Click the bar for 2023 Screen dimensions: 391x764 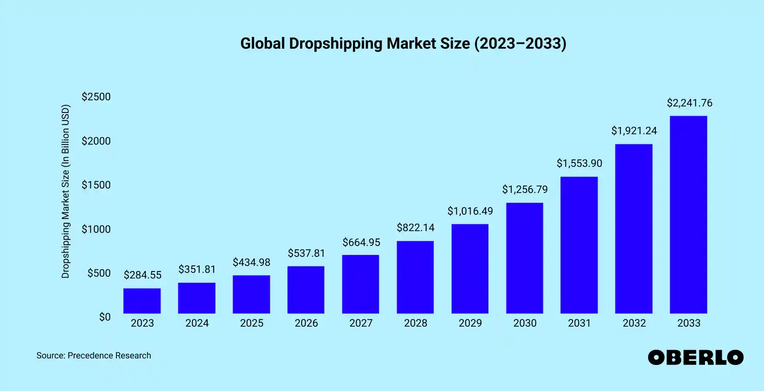142,301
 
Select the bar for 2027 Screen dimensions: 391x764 360,284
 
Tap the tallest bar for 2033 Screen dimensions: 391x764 688,215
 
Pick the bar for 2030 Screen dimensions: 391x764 524,258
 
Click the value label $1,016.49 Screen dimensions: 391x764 470,211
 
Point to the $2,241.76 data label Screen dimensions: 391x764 689,103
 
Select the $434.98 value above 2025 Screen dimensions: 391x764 251,262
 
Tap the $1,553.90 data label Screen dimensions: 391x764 579,163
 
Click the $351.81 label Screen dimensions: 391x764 197,269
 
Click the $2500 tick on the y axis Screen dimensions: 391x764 96,96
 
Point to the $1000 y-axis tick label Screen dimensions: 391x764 96,229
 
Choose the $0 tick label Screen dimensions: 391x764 105,317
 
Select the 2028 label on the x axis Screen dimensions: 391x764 415,323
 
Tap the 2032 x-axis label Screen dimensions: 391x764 634,323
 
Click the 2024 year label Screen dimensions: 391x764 197,323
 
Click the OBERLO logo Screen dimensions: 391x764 695,358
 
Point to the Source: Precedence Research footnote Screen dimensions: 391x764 94,355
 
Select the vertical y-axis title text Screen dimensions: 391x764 65,191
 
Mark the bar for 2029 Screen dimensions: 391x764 470,269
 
